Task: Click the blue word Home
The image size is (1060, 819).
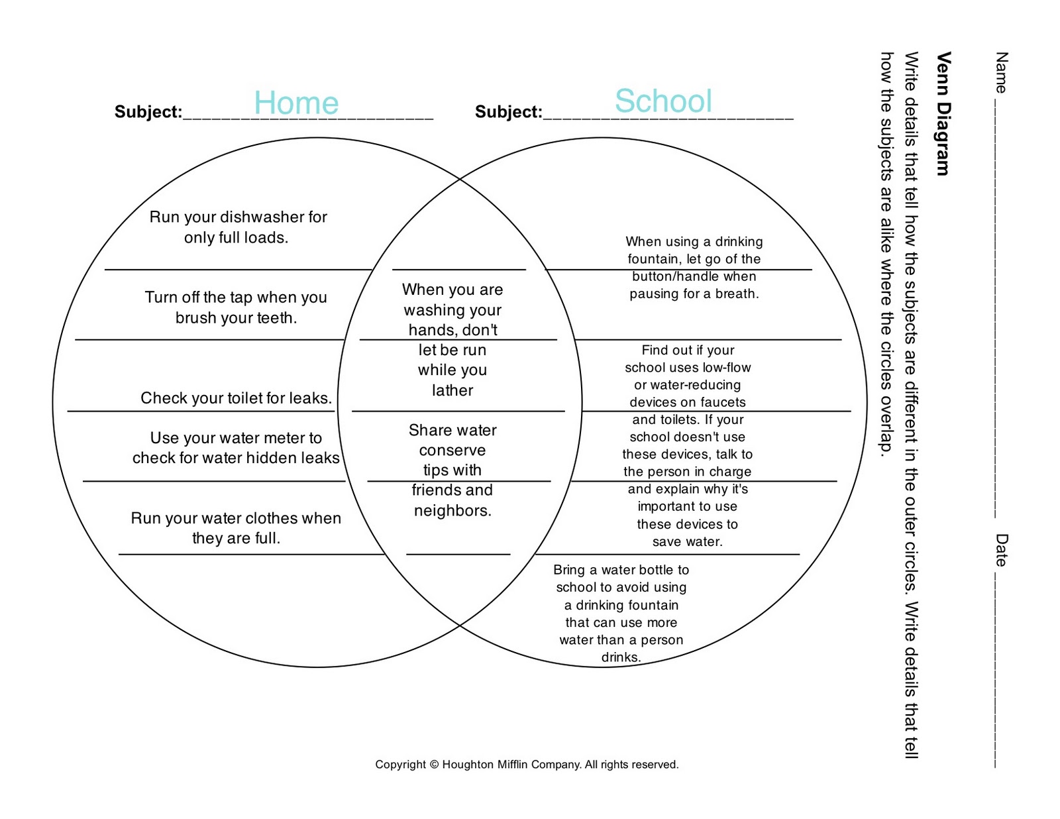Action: tap(296, 103)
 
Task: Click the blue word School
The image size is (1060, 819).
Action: tap(663, 101)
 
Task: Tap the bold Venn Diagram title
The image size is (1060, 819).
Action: tap(943, 113)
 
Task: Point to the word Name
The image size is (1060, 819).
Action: tap(1000, 72)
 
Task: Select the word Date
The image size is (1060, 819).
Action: tap(1000, 550)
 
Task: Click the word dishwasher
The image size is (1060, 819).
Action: tap(254, 217)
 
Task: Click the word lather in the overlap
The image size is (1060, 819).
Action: tap(452, 390)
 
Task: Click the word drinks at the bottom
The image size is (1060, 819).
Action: tap(621, 657)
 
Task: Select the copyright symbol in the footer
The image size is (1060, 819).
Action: tap(434, 765)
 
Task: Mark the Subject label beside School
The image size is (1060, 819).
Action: tap(508, 112)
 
